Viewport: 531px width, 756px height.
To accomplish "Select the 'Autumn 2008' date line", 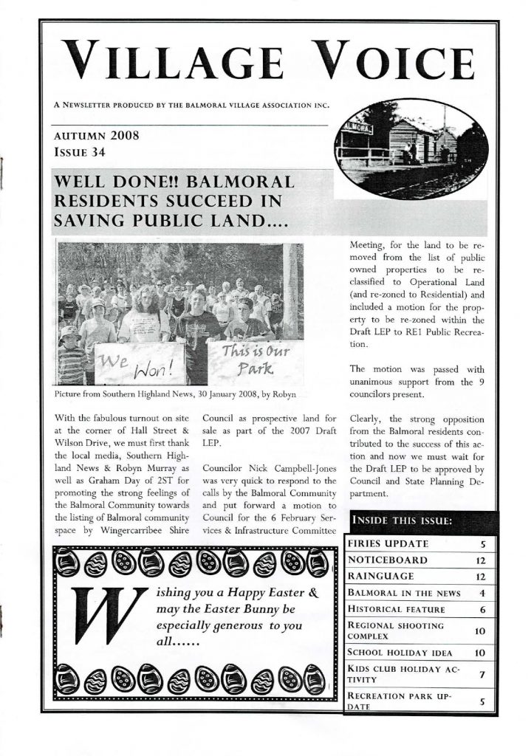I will [97, 136].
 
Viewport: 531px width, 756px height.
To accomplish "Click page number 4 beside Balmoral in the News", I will [481, 593].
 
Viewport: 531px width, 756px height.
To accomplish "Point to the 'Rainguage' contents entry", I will [382, 576].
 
